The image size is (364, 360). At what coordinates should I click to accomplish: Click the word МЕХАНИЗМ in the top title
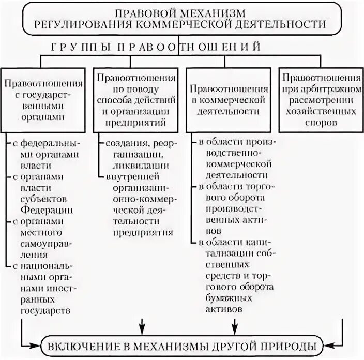point(205,12)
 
